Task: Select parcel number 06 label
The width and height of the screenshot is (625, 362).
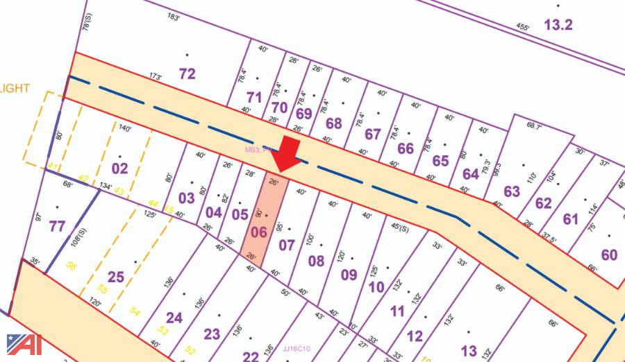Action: click(x=258, y=232)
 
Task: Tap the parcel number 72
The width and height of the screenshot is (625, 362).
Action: click(x=187, y=74)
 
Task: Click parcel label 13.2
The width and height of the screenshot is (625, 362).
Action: click(x=558, y=26)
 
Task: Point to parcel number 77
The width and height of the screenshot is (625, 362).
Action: click(x=57, y=226)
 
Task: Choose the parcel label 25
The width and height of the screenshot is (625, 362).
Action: click(x=115, y=277)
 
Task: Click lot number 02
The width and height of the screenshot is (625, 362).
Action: click(x=120, y=169)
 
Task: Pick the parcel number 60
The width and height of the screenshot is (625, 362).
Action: click(x=609, y=255)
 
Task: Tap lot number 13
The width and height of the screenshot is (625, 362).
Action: click(x=469, y=351)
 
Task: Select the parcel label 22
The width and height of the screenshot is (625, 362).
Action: click(x=251, y=356)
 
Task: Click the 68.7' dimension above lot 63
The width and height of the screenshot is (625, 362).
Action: click(x=533, y=126)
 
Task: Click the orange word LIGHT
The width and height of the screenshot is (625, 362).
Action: click(x=15, y=88)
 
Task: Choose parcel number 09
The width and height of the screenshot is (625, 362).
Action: click(x=349, y=274)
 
